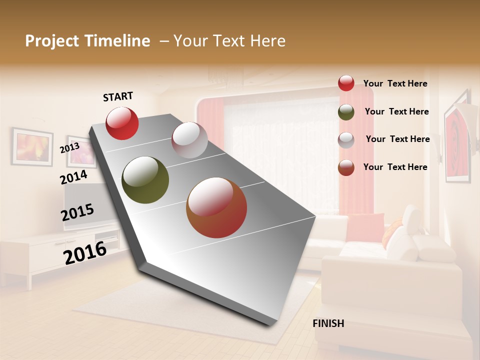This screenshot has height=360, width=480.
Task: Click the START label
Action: point(118,96)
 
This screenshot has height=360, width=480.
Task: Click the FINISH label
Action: point(328,323)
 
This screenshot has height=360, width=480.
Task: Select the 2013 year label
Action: point(69,148)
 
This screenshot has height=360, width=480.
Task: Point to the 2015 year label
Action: point(77,212)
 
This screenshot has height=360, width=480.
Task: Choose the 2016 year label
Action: point(85,252)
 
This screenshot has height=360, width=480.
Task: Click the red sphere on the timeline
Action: point(122,123)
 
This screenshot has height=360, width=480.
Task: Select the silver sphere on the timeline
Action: point(189,140)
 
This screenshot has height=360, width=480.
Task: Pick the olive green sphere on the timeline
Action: point(145,180)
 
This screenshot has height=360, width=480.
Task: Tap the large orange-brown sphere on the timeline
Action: point(216,208)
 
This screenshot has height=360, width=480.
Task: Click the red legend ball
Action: point(346,83)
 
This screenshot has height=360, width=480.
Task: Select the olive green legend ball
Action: point(346,112)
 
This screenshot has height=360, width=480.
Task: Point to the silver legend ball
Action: point(346,140)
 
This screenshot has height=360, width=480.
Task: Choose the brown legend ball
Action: point(346,167)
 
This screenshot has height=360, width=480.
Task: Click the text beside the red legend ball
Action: point(395,84)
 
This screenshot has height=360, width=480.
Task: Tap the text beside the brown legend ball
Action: point(395,167)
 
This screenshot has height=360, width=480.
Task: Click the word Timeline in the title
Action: point(116,41)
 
